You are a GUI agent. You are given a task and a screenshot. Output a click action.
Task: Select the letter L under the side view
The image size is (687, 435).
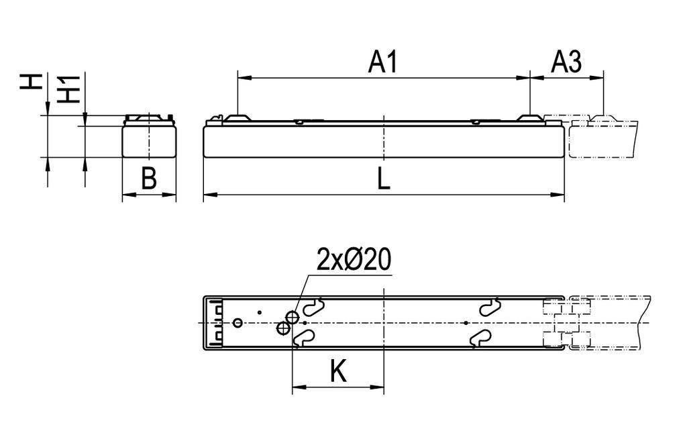click(x=383, y=179)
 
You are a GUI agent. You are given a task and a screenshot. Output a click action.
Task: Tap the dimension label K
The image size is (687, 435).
click(x=339, y=371)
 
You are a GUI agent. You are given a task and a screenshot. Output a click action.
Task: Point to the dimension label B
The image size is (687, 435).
click(x=149, y=179)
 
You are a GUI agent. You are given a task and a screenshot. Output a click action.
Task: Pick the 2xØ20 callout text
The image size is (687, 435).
click(x=354, y=260)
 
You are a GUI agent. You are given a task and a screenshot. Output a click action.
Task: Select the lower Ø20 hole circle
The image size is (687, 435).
click(x=283, y=328)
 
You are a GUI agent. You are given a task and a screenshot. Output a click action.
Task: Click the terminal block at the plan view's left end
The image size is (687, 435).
click(x=216, y=323)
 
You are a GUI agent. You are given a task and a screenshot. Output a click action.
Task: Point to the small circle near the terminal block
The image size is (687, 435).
click(x=237, y=323)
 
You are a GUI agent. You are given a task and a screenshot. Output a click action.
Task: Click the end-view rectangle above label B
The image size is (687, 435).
click(x=149, y=141)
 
